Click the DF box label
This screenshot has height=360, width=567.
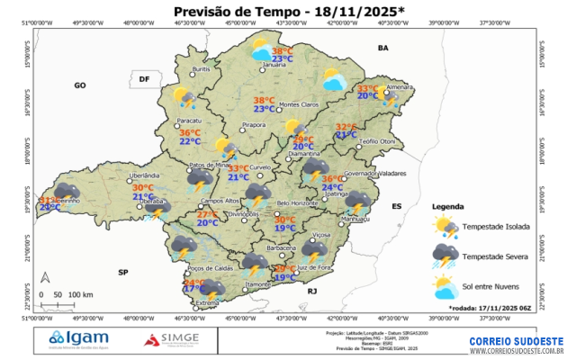tap(143, 80)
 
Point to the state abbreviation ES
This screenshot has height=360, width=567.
tap(395, 206)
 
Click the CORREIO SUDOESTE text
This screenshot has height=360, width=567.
tap(516, 342)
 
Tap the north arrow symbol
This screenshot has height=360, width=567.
tap(46, 280)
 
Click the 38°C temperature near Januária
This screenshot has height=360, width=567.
tap(282, 51)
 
